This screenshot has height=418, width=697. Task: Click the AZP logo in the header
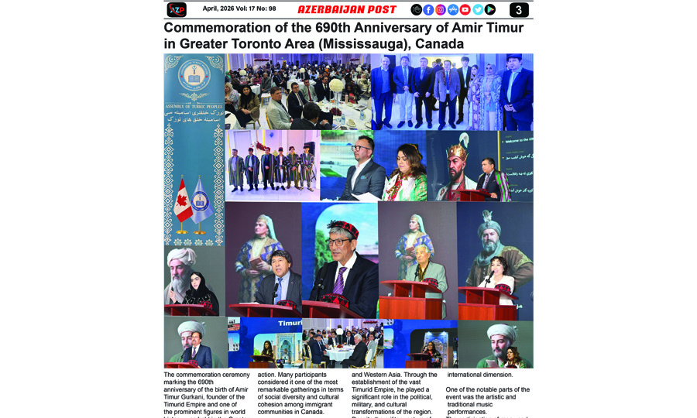coord(177,9)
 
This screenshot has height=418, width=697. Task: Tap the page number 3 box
coord(519,9)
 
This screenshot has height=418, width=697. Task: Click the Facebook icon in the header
coord(428,9)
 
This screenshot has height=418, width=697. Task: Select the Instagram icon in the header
coord(441,9)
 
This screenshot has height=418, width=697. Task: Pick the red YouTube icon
coord(465,9)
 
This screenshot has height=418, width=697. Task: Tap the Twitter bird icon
coord(478,9)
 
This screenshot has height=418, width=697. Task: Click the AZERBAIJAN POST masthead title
coord(347,9)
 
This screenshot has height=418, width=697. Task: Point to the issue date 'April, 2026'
coord(220,9)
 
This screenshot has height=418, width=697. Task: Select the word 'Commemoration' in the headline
coord(221,28)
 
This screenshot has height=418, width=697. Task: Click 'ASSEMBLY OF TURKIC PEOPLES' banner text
coord(194,104)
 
